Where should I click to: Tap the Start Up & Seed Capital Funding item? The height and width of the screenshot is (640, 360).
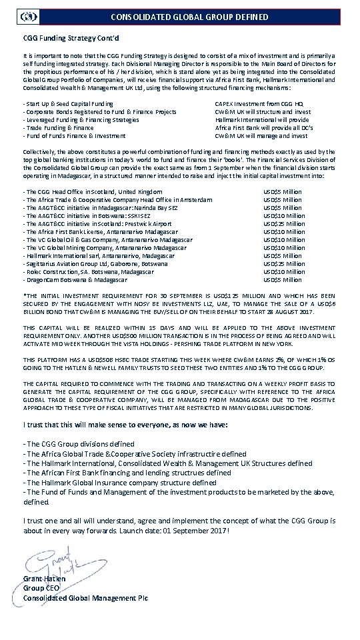tap(68, 105)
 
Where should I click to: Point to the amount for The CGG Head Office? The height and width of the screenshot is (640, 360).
tap(283, 191)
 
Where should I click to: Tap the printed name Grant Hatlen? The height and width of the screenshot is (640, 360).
tap(45, 579)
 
